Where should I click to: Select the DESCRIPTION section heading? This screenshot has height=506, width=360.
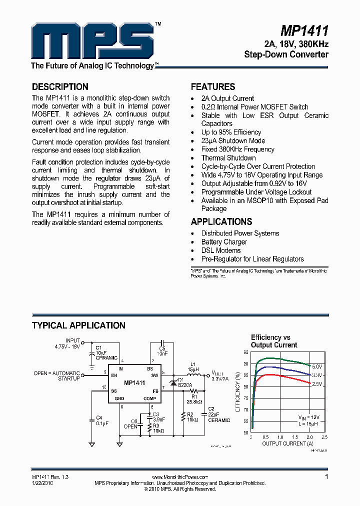tap(60, 86)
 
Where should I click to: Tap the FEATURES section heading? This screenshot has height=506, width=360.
tap(213, 86)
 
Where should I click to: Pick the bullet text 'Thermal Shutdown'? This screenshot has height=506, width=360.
tap(228, 158)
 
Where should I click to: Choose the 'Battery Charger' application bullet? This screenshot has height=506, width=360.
tap(224, 242)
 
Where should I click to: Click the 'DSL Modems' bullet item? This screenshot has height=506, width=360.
tap(221, 250)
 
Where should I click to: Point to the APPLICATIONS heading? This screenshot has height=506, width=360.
tap(221, 222)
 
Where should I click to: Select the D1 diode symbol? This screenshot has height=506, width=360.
tap(173, 382)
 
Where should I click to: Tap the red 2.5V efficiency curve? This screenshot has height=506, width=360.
tap(280, 376)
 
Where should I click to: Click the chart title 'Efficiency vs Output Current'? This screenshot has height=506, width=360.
tap(273, 341)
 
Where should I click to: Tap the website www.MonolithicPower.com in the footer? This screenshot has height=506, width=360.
tap(180, 477)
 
